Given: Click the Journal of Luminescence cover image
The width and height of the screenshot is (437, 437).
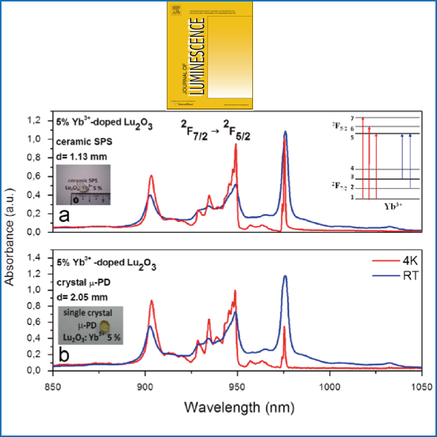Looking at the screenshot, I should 210,56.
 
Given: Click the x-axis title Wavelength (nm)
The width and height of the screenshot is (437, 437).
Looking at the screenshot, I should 239,407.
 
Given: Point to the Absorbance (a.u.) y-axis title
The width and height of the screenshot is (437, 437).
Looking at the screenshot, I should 9,237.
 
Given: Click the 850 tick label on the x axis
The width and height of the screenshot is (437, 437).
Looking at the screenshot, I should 53,387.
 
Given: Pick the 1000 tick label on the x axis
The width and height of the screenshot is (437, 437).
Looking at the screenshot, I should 330,387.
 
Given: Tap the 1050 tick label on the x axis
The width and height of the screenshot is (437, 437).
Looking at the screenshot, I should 421,387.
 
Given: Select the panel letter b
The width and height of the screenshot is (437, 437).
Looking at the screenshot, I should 64,355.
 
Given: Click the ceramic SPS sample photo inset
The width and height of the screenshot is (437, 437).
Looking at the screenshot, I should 83,185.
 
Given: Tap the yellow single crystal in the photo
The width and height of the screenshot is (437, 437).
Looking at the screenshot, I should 105,326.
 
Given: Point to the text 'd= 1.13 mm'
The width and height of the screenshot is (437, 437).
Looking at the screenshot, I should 81,157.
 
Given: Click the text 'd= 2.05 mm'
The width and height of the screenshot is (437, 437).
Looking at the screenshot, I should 82,297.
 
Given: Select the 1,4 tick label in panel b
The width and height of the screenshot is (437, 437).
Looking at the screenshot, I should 34,258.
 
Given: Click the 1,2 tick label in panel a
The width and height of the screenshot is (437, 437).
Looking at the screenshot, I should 34,121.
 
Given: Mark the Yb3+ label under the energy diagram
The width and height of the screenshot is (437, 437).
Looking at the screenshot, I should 393,206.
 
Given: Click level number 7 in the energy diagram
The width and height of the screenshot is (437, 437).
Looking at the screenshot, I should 353,118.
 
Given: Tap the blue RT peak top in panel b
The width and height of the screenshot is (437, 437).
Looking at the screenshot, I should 285,276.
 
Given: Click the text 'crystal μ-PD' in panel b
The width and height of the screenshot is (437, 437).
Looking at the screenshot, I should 84,282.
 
